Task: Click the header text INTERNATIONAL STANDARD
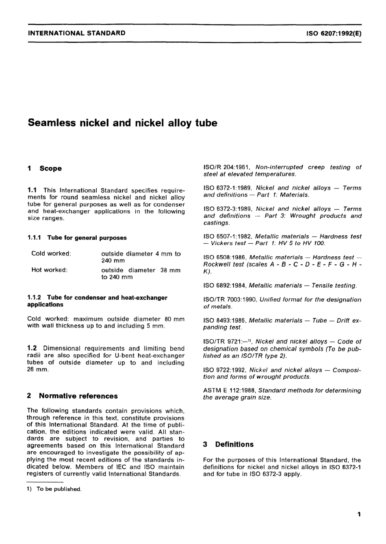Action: pos(76,33)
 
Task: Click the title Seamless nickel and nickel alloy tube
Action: pos(122,123)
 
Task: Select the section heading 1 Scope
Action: pos(45,168)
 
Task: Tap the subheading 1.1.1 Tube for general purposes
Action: pos(77,238)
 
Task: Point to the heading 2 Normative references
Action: pos(72,396)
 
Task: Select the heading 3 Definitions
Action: pos(228,444)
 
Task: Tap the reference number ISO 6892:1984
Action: pos(225,286)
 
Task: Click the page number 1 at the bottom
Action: pos(359,514)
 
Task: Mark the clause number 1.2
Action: pos(32,348)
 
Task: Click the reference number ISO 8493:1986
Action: pos(225,321)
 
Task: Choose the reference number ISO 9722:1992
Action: pos(225,370)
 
